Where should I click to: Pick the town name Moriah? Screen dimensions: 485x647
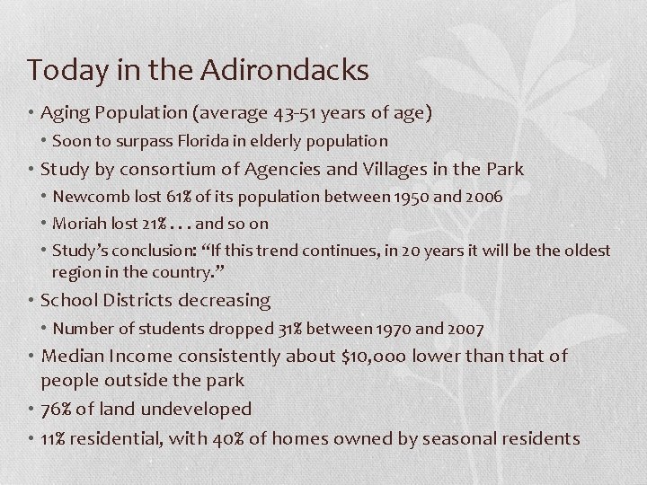[x=78, y=223]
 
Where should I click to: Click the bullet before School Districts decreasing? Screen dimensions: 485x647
[x=32, y=301]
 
